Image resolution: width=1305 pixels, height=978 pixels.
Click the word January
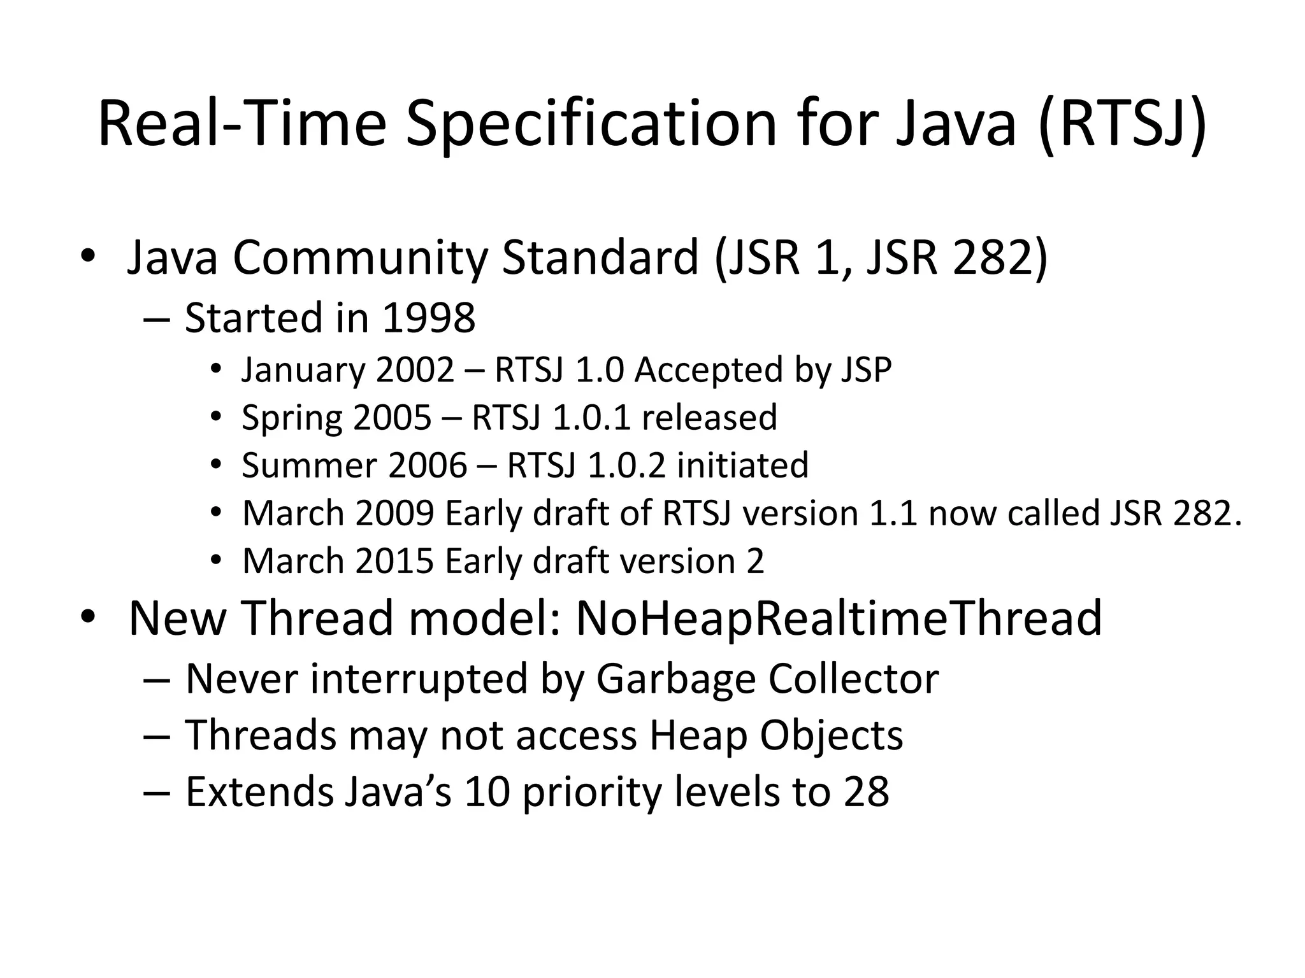click(x=303, y=370)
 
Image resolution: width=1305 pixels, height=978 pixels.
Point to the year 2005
click(x=392, y=418)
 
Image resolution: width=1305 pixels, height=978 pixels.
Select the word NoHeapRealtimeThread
click(x=839, y=618)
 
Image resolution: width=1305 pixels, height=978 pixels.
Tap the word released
click(x=709, y=418)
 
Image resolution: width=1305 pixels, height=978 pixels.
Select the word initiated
click(x=742, y=465)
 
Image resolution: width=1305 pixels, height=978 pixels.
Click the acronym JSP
click(x=866, y=370)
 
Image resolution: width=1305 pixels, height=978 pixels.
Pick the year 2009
click(x=395, y=513)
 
